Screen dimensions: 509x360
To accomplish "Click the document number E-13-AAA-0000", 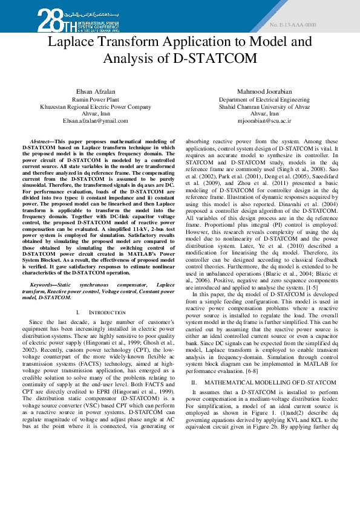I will [293, 25].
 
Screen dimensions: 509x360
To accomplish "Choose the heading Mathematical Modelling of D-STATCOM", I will [270, 383].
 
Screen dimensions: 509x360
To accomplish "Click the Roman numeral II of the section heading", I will [194, 383].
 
